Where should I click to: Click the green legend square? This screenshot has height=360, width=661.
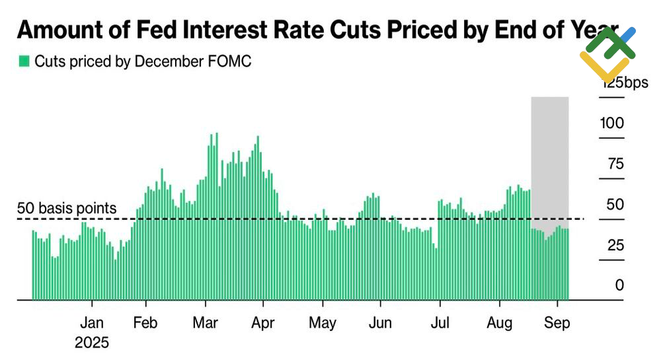click(24, 61)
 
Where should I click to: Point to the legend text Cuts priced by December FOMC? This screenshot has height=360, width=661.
click(143, 61)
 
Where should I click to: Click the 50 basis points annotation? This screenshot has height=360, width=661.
click(67, 209)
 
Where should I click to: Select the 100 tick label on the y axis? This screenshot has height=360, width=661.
click(612, 124)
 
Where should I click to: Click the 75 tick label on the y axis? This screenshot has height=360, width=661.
click(616, 164)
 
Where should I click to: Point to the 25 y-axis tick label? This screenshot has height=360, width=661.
click(616, 245)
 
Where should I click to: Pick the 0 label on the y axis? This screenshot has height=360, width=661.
click(619, 285)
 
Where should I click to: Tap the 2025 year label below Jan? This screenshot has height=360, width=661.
click(91, 342)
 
